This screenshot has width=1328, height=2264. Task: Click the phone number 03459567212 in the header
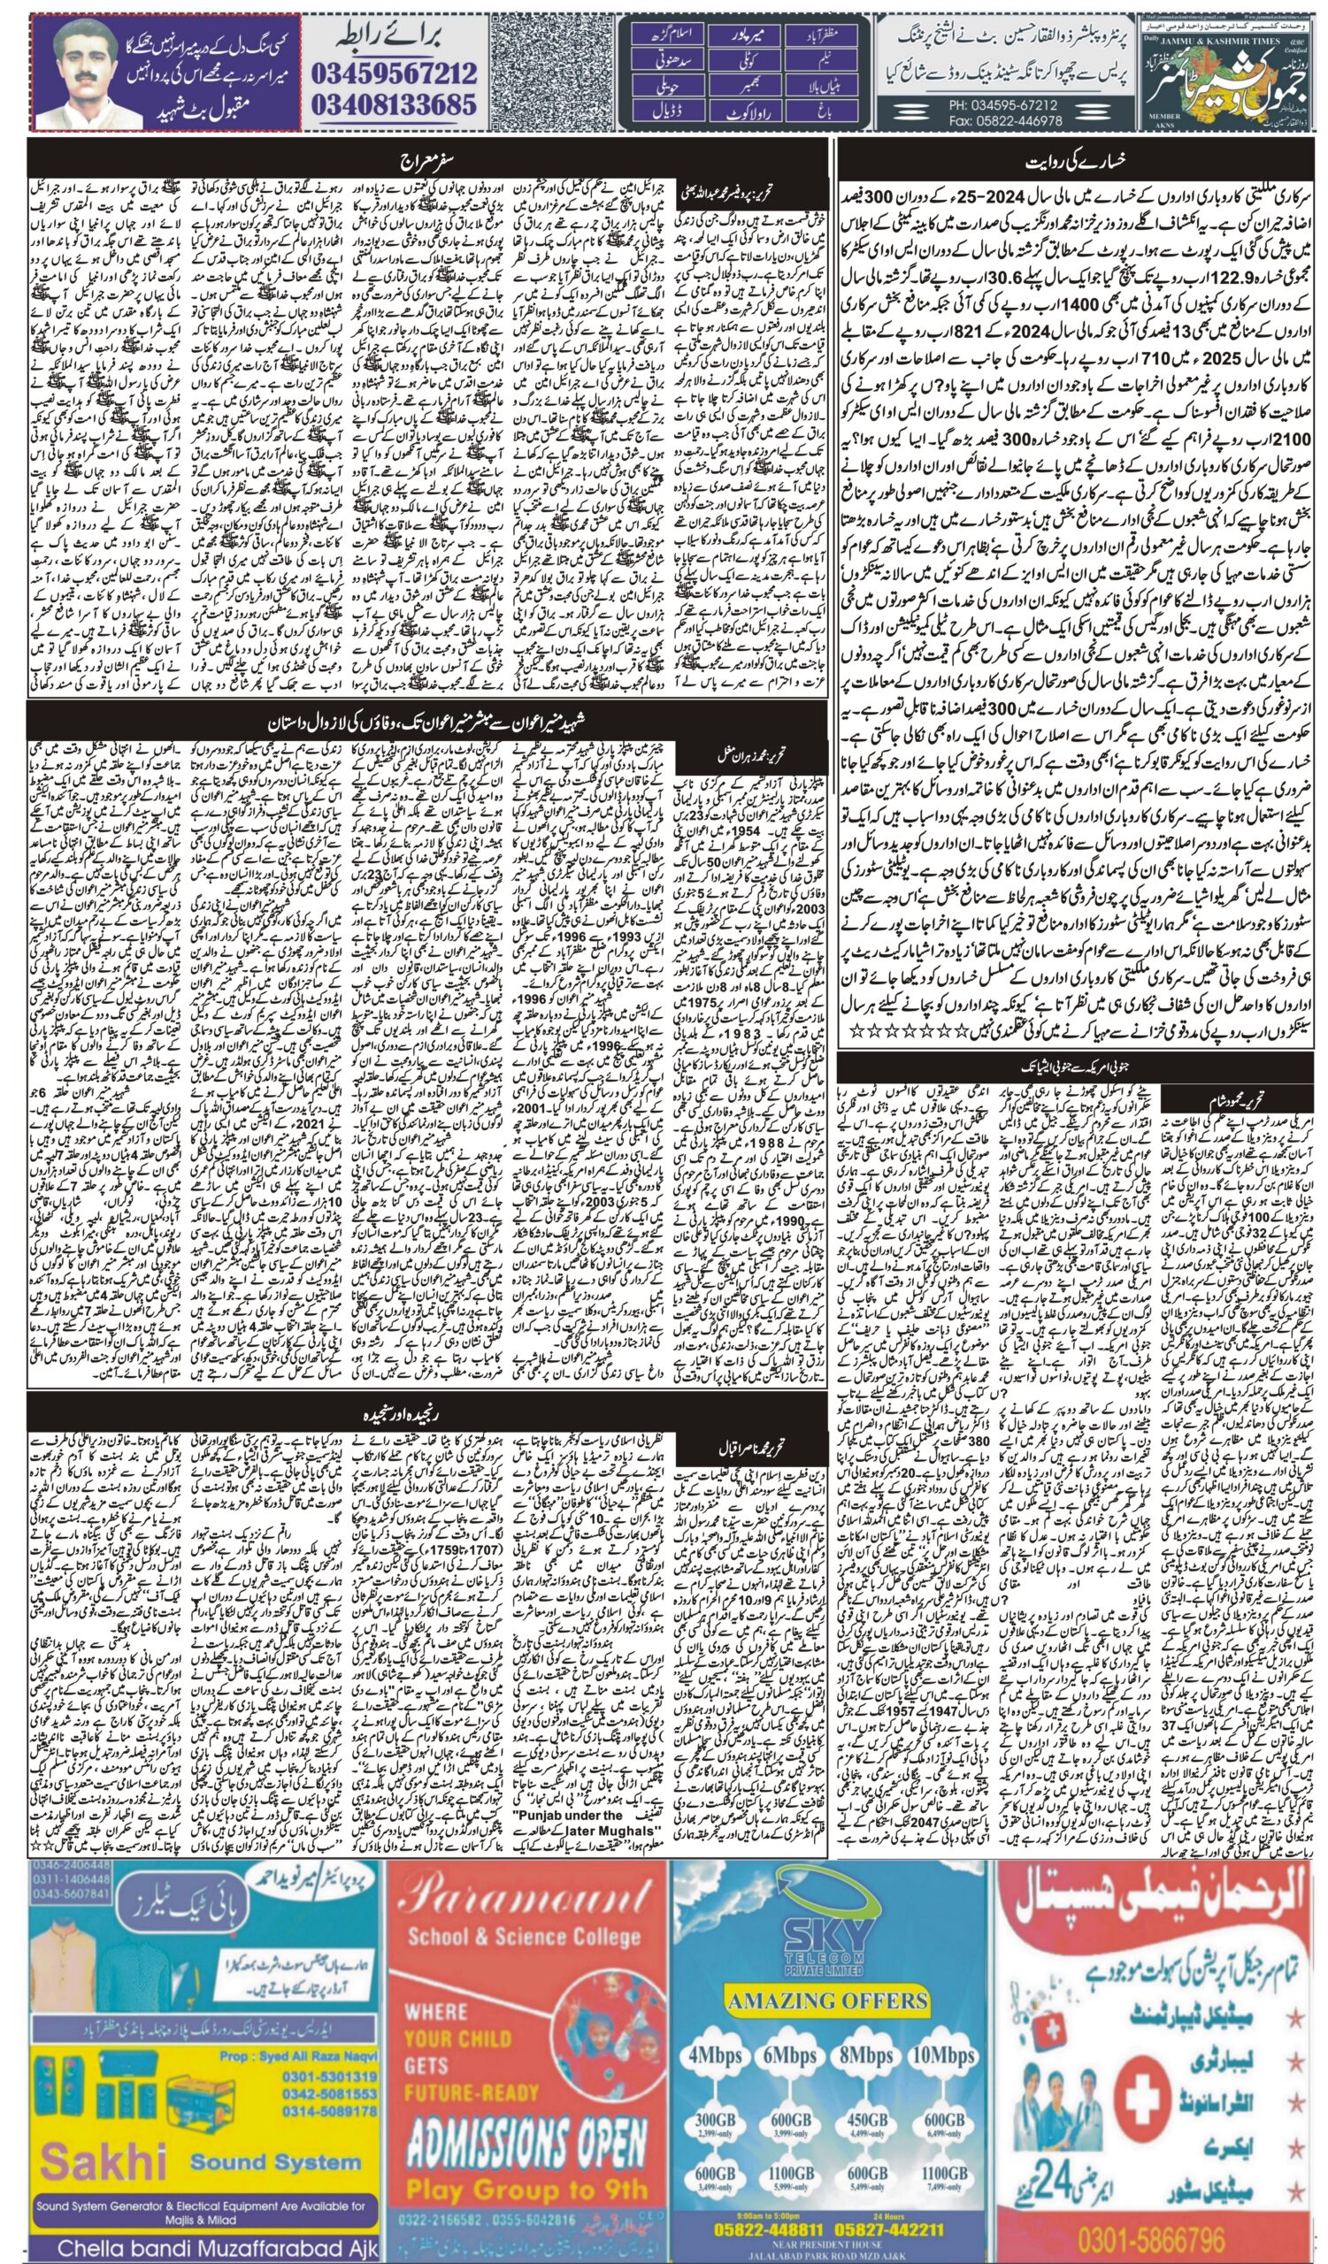395,71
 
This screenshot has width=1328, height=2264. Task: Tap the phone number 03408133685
395,105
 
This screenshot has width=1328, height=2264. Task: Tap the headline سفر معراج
423,164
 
